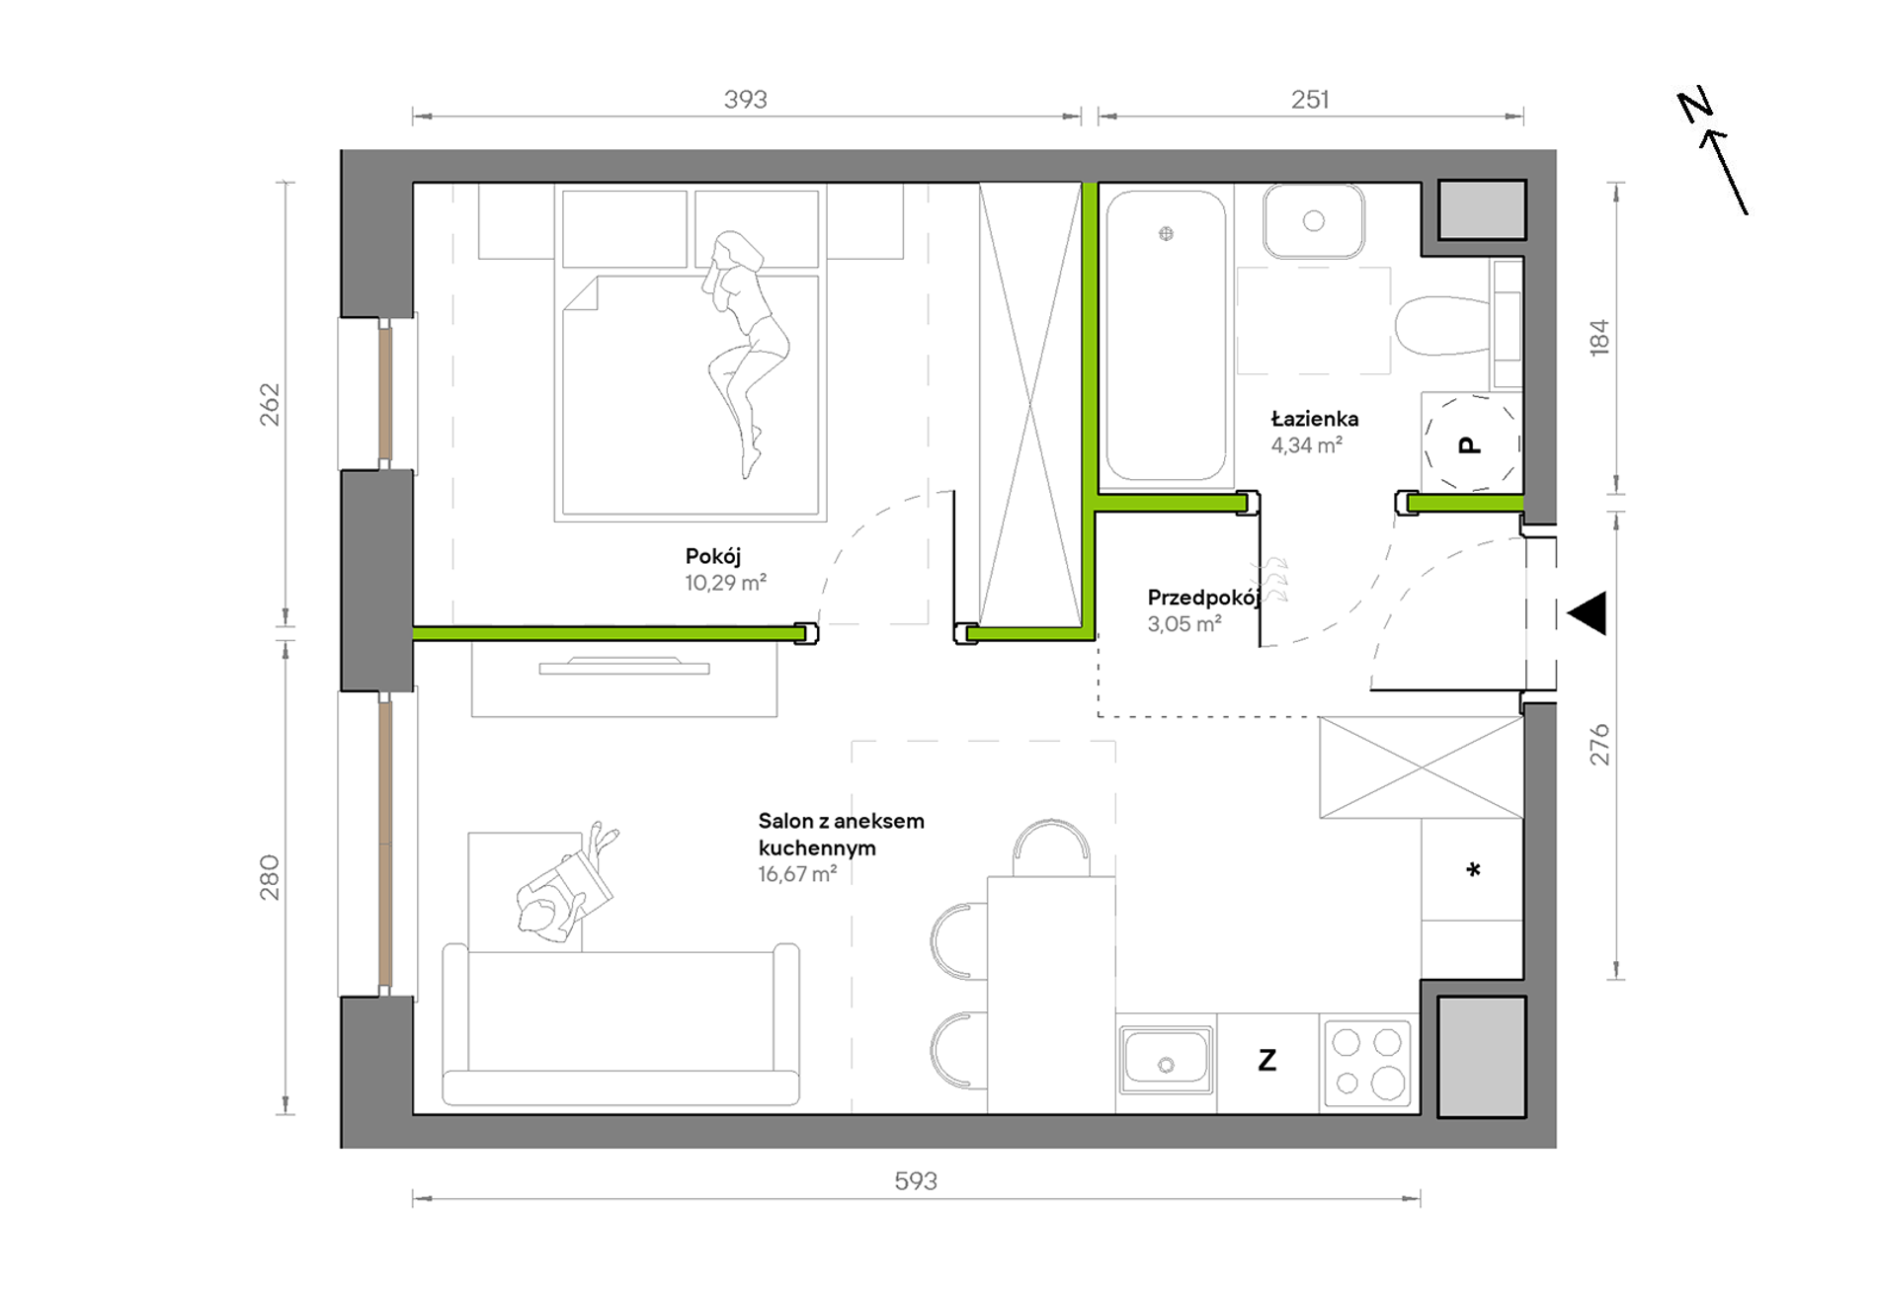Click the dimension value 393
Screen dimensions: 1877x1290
coord(745,100)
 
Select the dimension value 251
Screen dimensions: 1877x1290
coord(1310,100)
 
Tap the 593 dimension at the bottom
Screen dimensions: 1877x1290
coord(916,1180)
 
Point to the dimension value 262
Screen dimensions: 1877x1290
coord(270,404)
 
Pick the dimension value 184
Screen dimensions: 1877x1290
coord(1599,338)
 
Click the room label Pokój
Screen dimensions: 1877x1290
coord(713,556)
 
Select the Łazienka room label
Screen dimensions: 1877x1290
coord(1315,419)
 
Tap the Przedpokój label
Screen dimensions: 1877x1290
coord(1203,598)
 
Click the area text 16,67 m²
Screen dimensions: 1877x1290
coord(797,874)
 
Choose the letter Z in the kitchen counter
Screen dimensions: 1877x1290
coord(1267,1061)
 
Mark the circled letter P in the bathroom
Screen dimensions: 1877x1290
coord(1470,445)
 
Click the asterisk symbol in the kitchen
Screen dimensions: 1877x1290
coord(1473,870)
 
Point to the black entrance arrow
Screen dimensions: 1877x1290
coord(1588,613)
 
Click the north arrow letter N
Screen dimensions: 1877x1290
coord(1695,106)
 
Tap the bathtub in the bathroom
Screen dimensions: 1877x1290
coord(1166,336)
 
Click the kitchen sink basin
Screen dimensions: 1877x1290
coord(1166,1060)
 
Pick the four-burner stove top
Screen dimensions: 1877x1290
coord(1367,1063)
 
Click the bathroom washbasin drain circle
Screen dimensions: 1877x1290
coord(1313,221)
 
